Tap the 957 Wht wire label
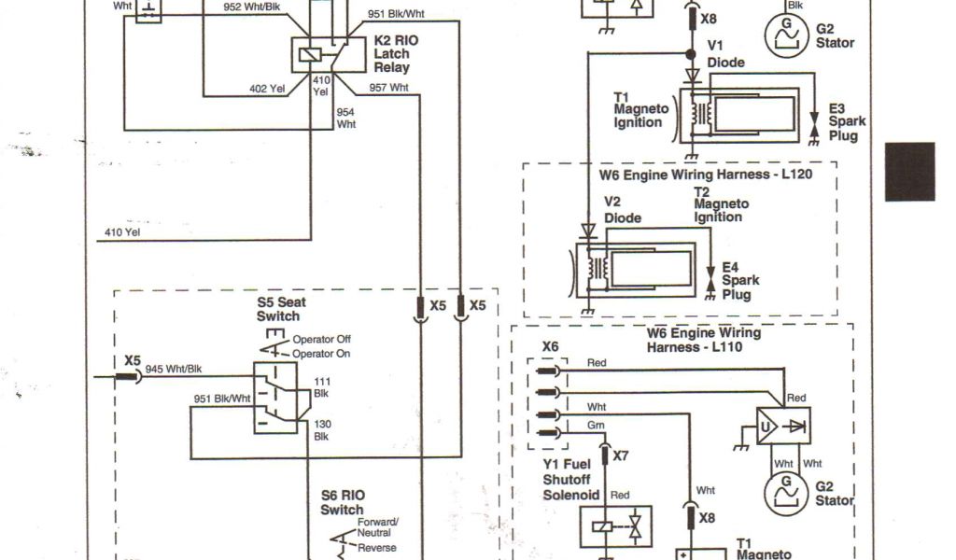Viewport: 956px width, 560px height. (x=388, y=88)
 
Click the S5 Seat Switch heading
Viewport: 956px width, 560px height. (x=279, y=310)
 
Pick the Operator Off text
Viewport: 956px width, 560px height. (x=321, y=340)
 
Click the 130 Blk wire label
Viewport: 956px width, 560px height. (x=321, y=430)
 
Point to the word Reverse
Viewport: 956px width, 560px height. (x=377, y=548)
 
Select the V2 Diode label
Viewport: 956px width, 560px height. (x=622, y=210)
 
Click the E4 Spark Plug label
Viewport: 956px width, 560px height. (x=739, y=281)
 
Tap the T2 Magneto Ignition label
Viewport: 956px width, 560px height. (x=721, y=204)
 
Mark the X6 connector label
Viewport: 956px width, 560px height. (x=550, y=346)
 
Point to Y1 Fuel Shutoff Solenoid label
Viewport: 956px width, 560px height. (x=569, y=479)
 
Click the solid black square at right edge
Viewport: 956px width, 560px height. (x=909, y=171)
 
